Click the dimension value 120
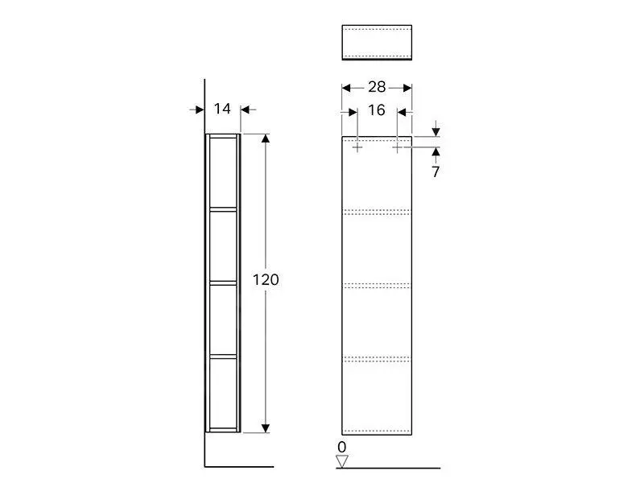[x=266, y=280]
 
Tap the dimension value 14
[x=223, y=109]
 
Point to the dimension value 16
[x=377, y=110]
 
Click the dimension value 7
[x=436, y=171]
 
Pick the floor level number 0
[x=341, y=446]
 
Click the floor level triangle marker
[x=341, y=461]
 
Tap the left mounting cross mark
[x=357, y=148]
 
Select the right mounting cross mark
[x=397, y=148]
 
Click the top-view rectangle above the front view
[x=377, y=42]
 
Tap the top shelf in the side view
[x=224, y=209]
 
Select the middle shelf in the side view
[x=224, y=282]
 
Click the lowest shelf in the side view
[x=224, y=354]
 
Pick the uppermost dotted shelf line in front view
[x=377, y=212]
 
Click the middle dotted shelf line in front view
[x=377, y=284]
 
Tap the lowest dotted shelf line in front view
[x=377, y=357]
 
